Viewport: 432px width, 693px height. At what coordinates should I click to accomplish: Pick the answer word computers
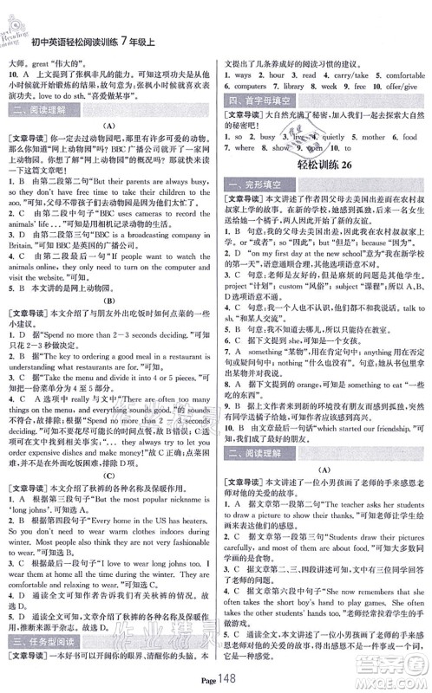[x=252, y=87]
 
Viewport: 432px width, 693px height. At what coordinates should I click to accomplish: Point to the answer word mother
[x=377, y=137]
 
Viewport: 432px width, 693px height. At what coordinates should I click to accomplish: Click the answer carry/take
[x=344, y=75]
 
